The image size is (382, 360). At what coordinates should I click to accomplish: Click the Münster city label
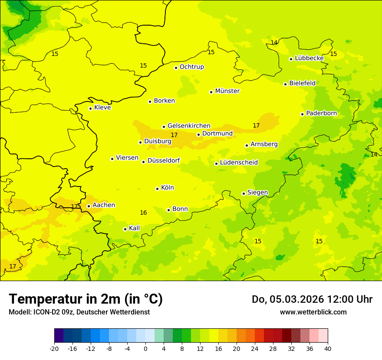(227, 91)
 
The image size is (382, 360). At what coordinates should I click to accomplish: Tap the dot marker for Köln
(157, 189)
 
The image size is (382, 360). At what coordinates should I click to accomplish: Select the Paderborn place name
(321, 113)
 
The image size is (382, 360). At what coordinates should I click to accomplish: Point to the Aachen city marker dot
(89, 206)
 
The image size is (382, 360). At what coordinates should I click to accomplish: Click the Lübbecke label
(309, 58)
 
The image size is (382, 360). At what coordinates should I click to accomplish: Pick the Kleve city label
(102, 108)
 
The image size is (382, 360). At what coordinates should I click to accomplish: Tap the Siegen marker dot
(244, 193)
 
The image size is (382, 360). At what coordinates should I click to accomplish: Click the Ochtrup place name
(191, 67)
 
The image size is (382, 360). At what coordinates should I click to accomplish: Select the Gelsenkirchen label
(189, 126)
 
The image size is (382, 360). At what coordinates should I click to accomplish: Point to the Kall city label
(135, 228)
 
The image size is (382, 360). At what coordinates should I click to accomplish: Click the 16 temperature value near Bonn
(143, 213)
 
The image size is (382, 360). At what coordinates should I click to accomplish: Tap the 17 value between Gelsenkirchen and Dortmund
(174, 135)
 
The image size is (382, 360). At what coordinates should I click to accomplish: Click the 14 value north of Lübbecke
(274, 43)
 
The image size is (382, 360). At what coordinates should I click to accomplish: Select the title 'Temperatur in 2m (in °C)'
(86, 299)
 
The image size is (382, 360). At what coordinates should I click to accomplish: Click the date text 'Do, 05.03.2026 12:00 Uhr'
(312, 299)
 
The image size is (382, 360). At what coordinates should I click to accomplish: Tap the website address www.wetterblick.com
(313, 312)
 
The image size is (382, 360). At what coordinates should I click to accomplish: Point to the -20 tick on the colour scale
(54, 348)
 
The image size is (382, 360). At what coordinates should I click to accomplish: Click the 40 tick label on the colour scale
(328, 348)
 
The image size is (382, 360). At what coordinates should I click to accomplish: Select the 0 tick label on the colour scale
(145, 348)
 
